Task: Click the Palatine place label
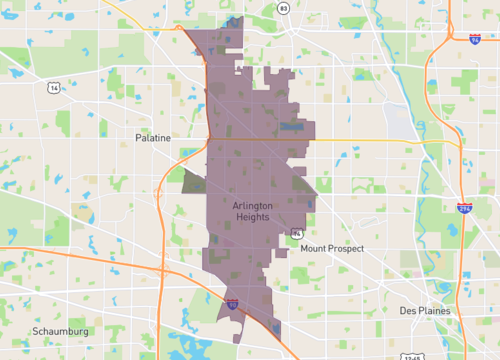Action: (x=155, y=137)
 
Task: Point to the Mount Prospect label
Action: (x=332, y=248)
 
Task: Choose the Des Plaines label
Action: (x=424, y=311)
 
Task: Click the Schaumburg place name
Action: (x=61, y=331)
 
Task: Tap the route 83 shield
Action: (x=284, y=8)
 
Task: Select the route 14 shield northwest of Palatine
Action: (x=52, y=88)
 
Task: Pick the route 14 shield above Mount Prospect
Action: (x=297, y=232)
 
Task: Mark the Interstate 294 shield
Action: (x=464, y=209)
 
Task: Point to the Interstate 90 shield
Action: (x=231, y=302)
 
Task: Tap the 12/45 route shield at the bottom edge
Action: (x=414, y=355)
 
